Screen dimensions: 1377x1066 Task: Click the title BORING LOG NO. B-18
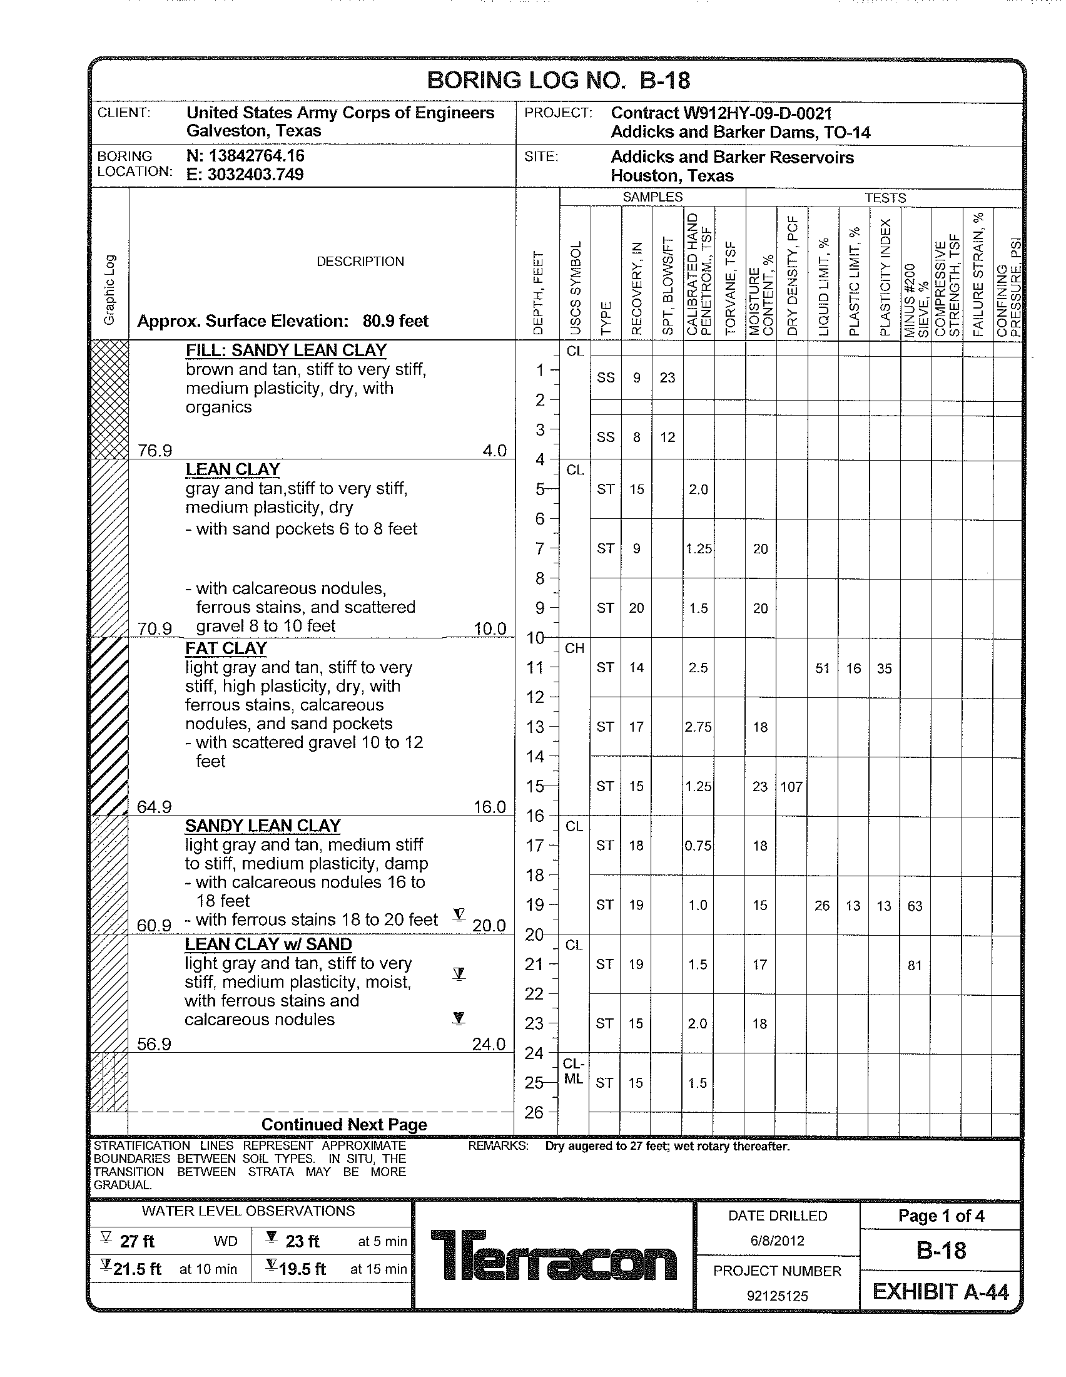pyautogui.click(x=558, y=81)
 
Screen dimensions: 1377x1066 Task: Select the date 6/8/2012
pyautogui.click(x=777, y=1241)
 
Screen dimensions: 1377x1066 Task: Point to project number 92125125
pyautogui.click(x=777, y=1296)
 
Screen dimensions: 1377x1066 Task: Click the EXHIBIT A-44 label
pyautogui.click(x=940, y=1292)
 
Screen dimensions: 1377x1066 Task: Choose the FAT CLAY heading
pyautogui.click(x=226, y=648)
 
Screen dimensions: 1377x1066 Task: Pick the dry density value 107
pyautogui.click(x=791, y=787)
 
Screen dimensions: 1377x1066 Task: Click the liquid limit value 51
pyautogui.click(x=822, y=668)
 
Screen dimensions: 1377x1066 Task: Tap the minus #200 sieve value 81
pyautogui.click(x=915, y=965)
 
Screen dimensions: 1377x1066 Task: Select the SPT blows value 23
pyautogui.click(x=668, y=377)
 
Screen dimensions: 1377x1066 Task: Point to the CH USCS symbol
pyautogui.click(x=574, y=648)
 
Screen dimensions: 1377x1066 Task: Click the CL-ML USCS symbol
pyautogui.click(x=573, y=1072)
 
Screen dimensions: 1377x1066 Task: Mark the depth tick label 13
pyautogui.click(x=535, y=727)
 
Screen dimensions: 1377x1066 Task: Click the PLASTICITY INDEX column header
pyautogui.click(x=885, y=277)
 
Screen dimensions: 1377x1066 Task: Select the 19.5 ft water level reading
pyautogui.click(x=302, y=1269)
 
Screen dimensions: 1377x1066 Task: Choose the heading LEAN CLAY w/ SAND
pyautogui.click(x=268, y=944)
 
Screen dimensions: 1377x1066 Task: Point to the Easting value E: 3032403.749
pyautogui.click(x=245, y=175)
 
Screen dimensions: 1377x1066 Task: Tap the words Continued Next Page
pyautogui.click(x=344, y=1124)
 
